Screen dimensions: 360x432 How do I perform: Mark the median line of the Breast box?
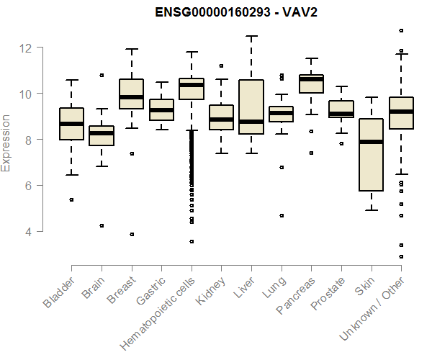point(132,97)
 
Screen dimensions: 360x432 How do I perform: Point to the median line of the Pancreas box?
point(311,79)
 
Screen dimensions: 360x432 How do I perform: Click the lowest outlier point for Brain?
point(102,225)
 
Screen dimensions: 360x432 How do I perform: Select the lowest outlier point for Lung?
point(282,215)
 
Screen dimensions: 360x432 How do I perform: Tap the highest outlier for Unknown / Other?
point(401,30)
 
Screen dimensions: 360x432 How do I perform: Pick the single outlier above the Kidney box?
point(222,66)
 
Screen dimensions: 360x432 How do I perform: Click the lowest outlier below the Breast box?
point(132,234)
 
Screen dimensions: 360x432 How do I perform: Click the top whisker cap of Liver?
point(251,36)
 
